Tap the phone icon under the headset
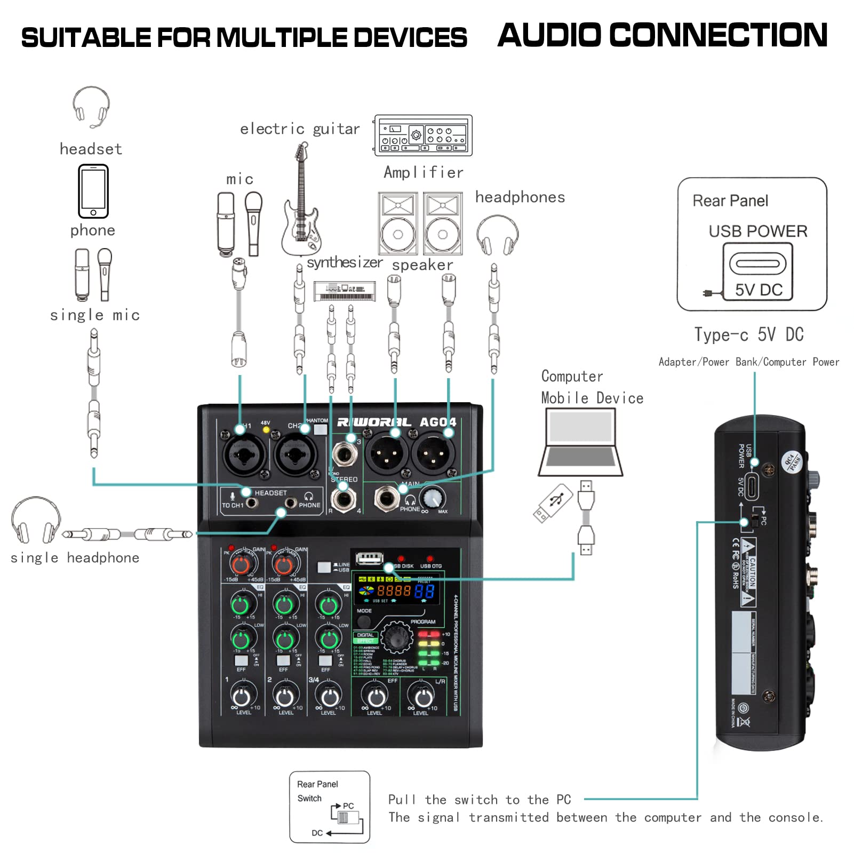[93, 191]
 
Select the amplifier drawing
[423, 135]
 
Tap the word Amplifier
[424, 172]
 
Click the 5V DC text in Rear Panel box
[759, 290]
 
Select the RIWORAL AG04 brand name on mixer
[397, 422]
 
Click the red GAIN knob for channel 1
[241, 565]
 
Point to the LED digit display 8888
[394, 590]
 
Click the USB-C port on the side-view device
[752, 485]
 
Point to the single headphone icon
[36, 520]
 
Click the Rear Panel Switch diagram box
[330, 807]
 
